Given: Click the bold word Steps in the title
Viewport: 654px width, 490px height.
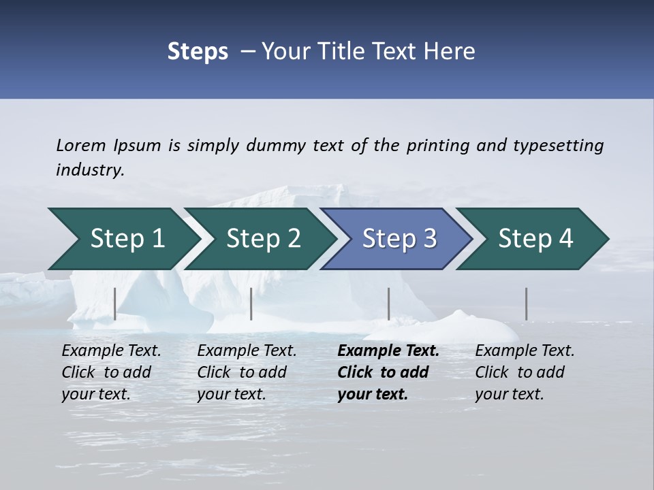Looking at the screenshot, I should point(198,51).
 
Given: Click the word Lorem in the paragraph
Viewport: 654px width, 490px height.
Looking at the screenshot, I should point(81,145).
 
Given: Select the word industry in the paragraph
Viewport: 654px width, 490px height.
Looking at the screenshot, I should point(89,170).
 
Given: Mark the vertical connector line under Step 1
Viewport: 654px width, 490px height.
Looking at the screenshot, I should point(115,304).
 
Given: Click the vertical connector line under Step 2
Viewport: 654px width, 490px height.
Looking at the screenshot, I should point(251,304).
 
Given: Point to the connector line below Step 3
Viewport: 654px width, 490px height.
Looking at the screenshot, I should point(388,304).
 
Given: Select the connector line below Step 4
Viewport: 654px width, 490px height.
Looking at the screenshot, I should point(526,304).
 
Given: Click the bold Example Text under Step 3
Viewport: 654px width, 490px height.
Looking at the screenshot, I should point(388,351).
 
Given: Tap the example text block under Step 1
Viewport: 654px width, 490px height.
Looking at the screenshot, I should point(110,372).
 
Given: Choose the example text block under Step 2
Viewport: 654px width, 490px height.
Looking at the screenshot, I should point(246,372).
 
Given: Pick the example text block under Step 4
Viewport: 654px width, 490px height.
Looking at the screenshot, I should point(524,372).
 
